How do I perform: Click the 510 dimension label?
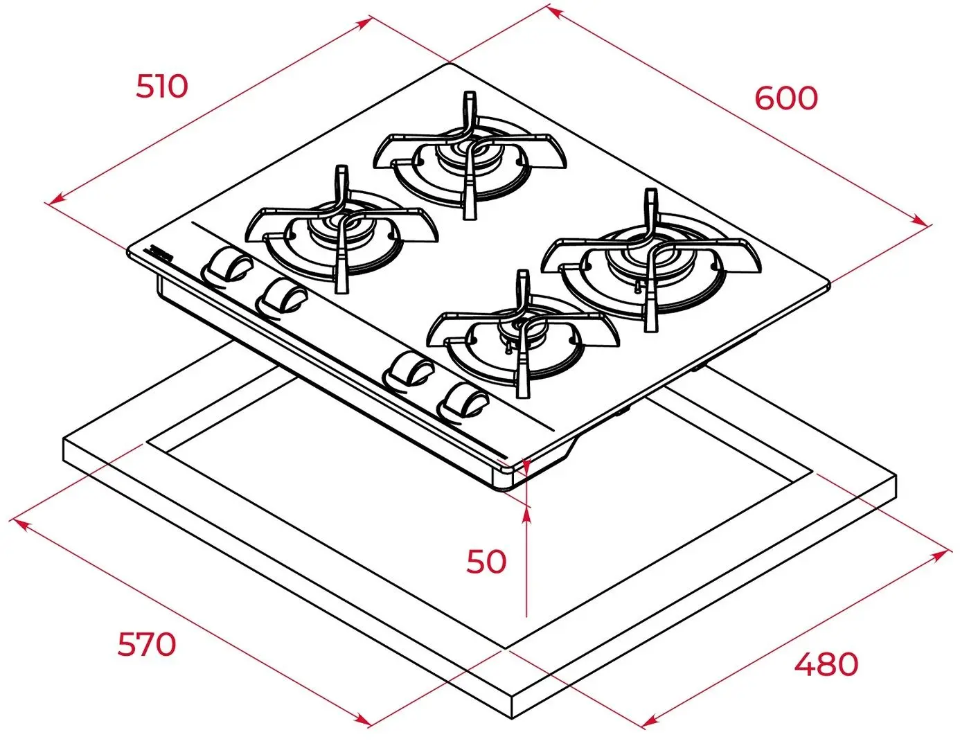tap(161, 87)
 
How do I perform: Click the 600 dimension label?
tap(785, 98)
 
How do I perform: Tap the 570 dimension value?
tap(146, 644)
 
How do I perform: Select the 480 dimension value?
tap(826, 664)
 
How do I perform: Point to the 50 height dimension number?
tap(486, 561)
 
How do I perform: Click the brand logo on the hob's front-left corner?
tap(161, 254)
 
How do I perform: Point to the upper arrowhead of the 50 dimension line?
tap(527, 514)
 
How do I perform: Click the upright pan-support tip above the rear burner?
tap(470, 97)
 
